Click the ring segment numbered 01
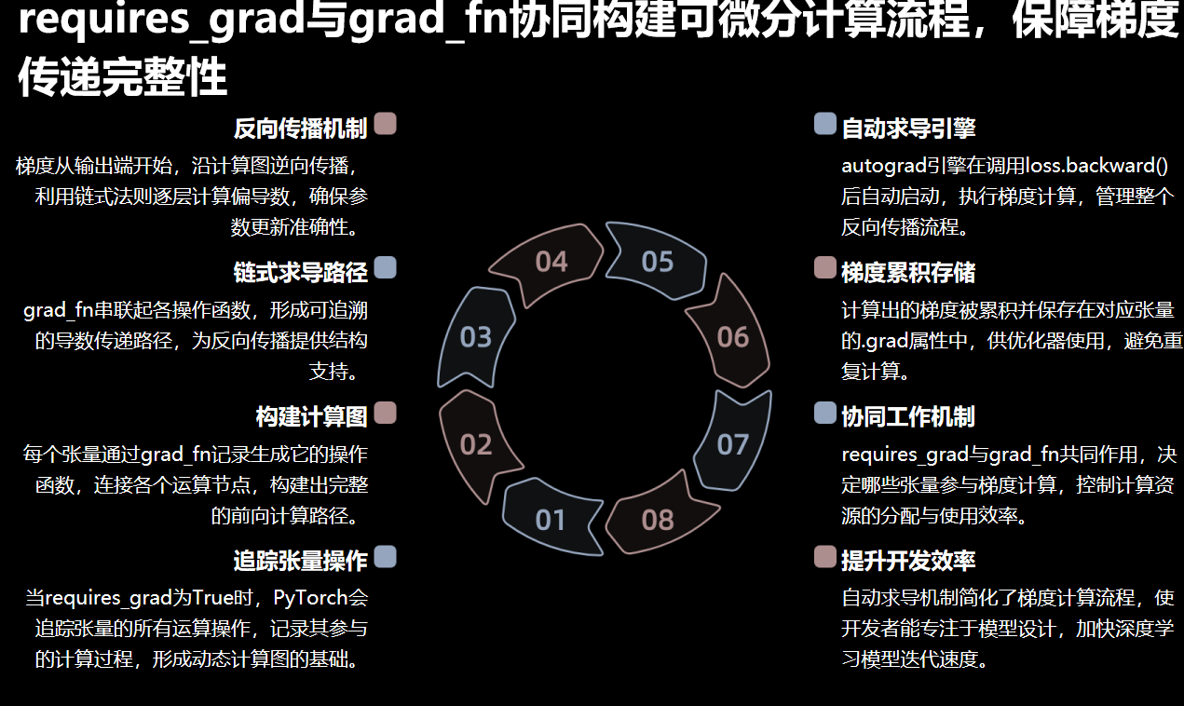click(551, 519)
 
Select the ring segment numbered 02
click(476, 443)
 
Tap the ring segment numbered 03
click(476, 336)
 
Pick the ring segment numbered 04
click(551, 262)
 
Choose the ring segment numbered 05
click(658, 262)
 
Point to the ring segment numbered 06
click(733, 336)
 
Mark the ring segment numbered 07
click(733, 443)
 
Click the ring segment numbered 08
click(658, 519)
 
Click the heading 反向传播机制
click(300, 128)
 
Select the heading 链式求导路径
click(300, 272)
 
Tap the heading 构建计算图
click(311, 416)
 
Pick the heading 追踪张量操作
click(300, 561)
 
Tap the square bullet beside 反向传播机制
click(385, 124)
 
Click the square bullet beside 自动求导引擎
click(824, 124)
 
